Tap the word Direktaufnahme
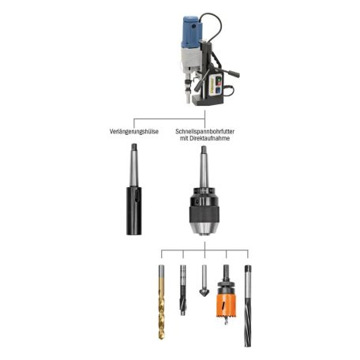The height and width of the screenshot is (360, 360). [x=208, y=137]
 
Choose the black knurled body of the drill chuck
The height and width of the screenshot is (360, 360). [x=203, y=209]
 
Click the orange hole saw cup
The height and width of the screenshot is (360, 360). [x=226, y=305]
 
